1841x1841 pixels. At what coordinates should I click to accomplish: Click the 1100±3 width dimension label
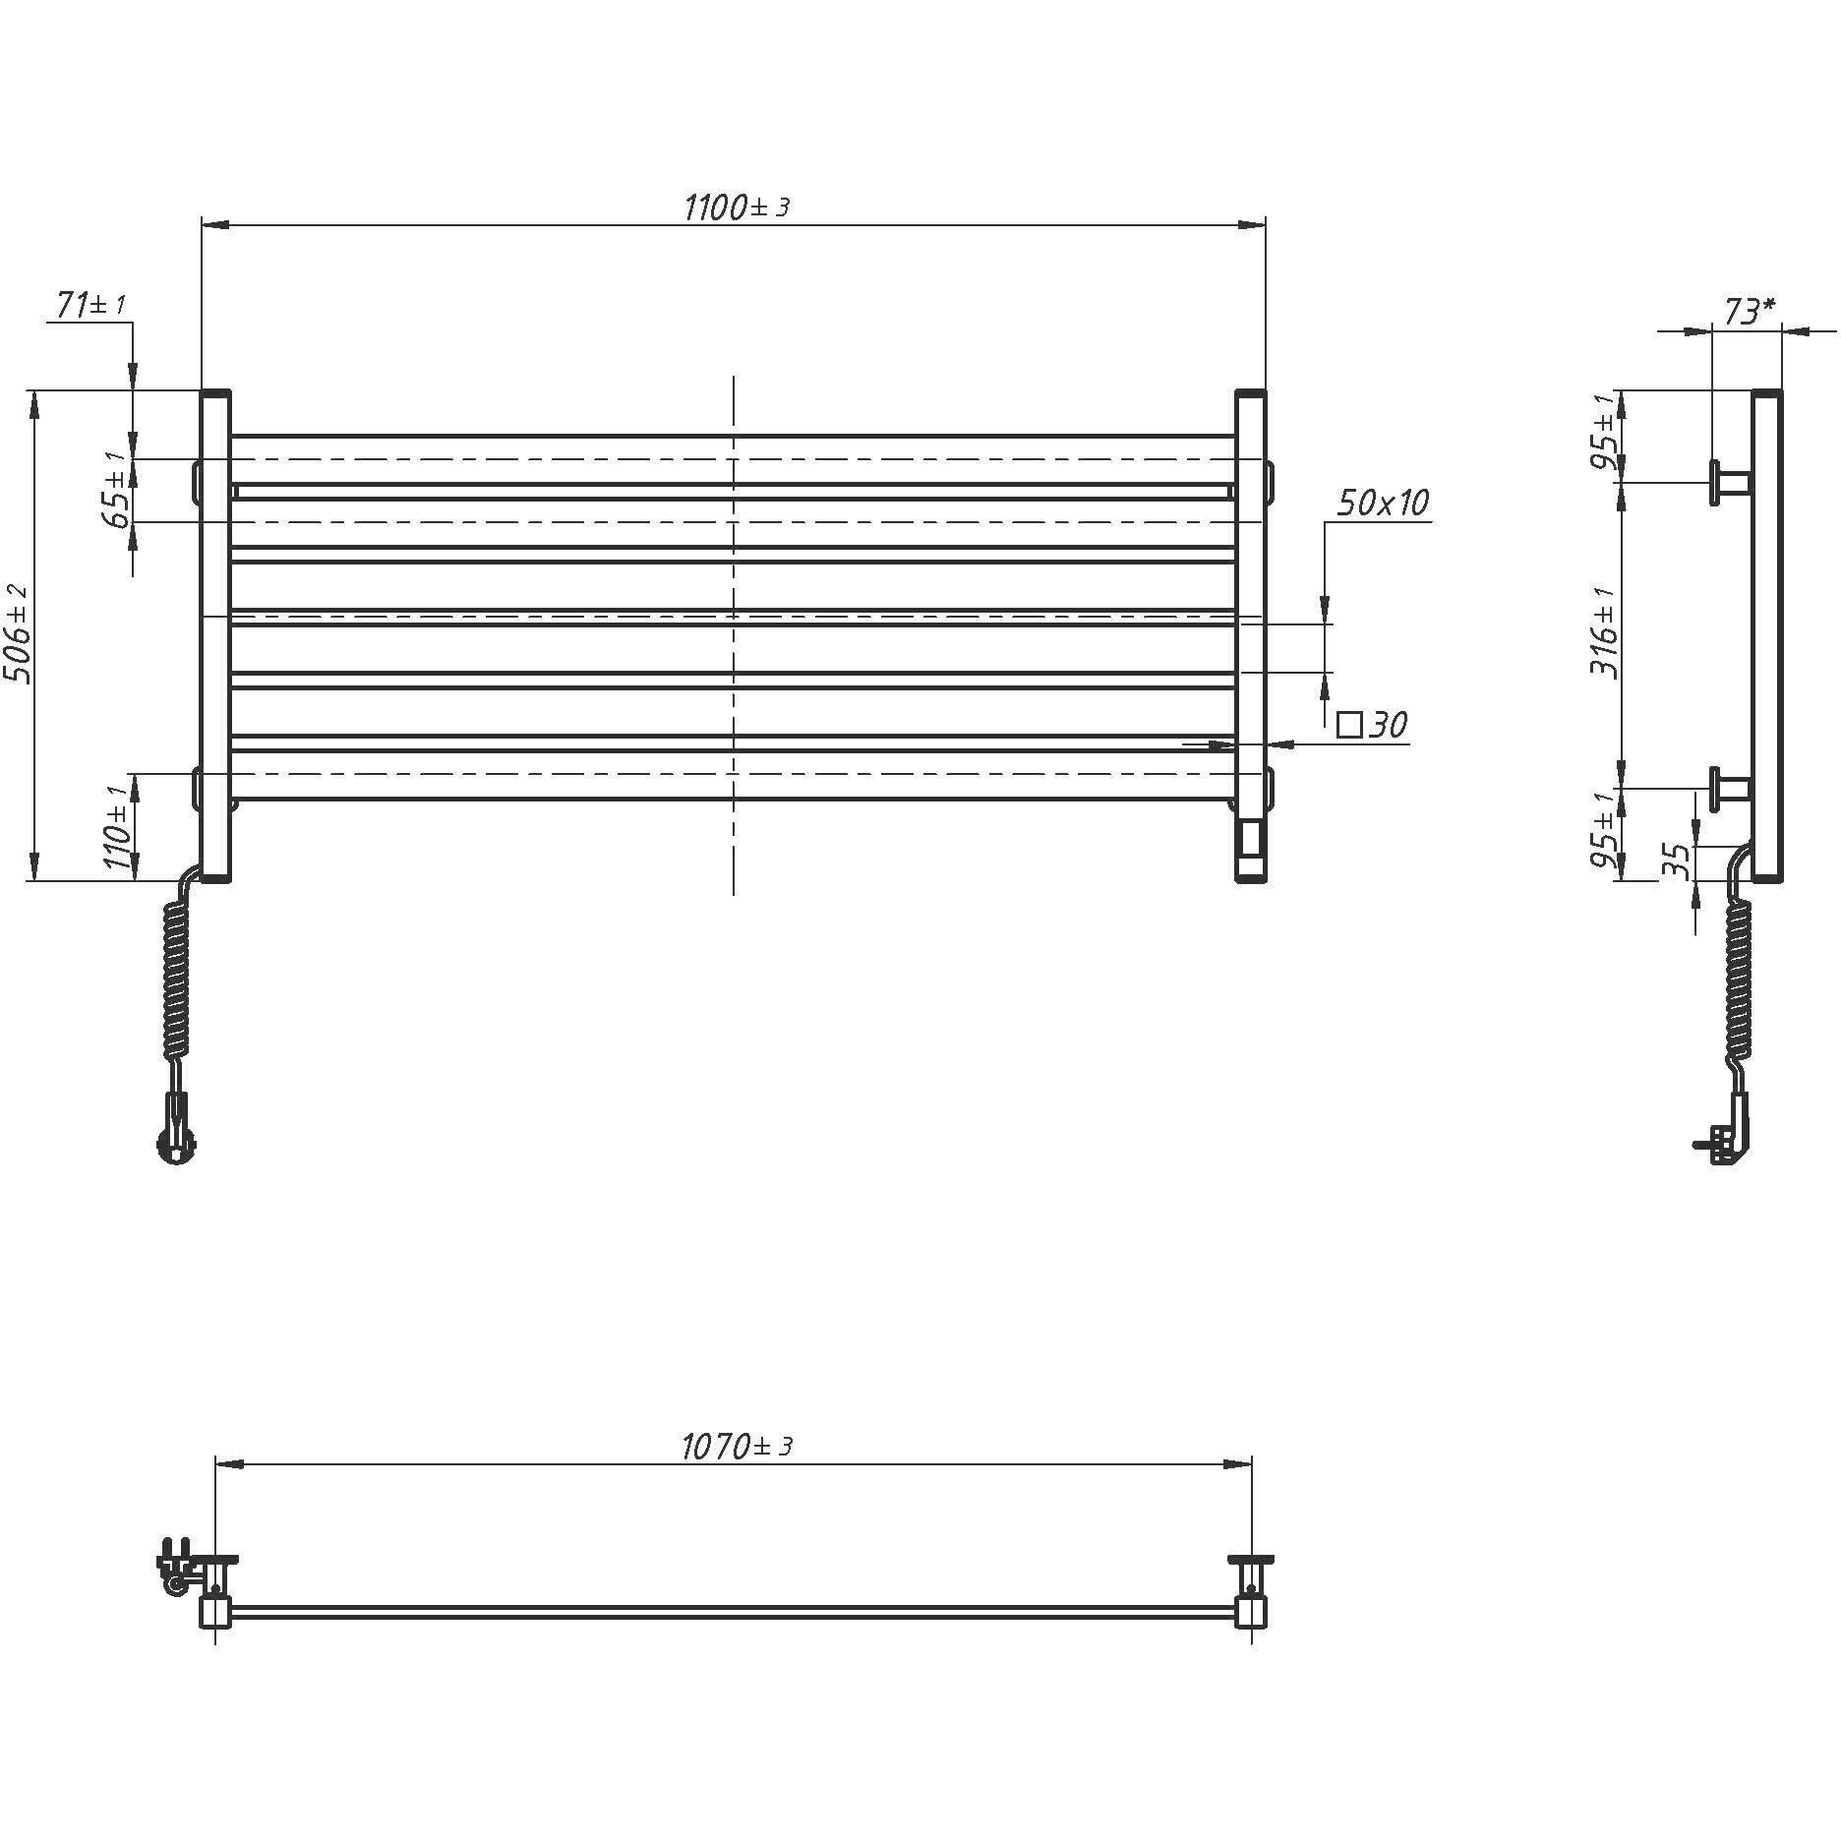pyautogui.click(x=737, y=208)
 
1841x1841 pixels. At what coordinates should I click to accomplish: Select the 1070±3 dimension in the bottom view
pyautogui.click(x=737, y=1446)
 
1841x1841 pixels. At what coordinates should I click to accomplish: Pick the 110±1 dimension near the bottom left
pyautogui.click(x=116, y=827)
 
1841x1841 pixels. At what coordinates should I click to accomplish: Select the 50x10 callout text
pyautogui.click(x=1383, y=503)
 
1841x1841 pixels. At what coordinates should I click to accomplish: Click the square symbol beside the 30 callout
pyautogui.click(x=1349, y=726)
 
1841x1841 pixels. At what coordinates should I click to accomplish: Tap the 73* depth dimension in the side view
pyautogui.click(x=1750, y=311)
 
